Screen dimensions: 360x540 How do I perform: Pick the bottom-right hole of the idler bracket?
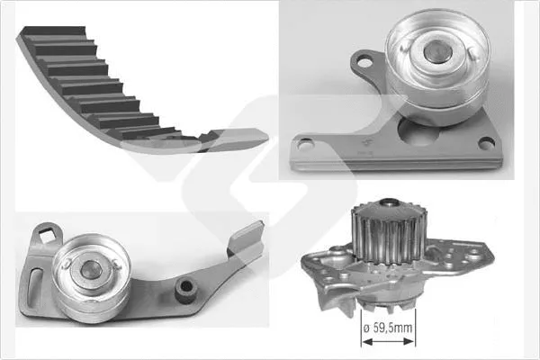(486, 141)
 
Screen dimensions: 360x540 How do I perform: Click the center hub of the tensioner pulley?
(91, 267)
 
